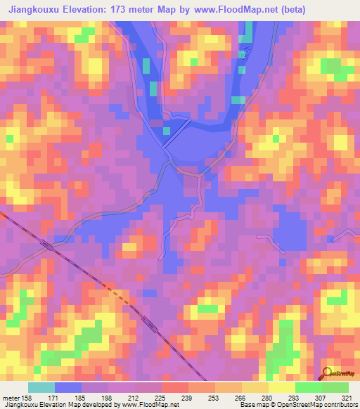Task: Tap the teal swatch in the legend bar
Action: pos(41,387)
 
